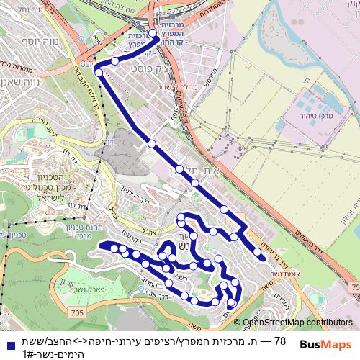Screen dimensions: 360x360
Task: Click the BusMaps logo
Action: click(x=325, y=344)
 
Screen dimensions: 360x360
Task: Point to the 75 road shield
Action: click(x=354, y=287)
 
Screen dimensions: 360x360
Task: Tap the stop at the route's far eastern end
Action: click(x=258, y=252)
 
